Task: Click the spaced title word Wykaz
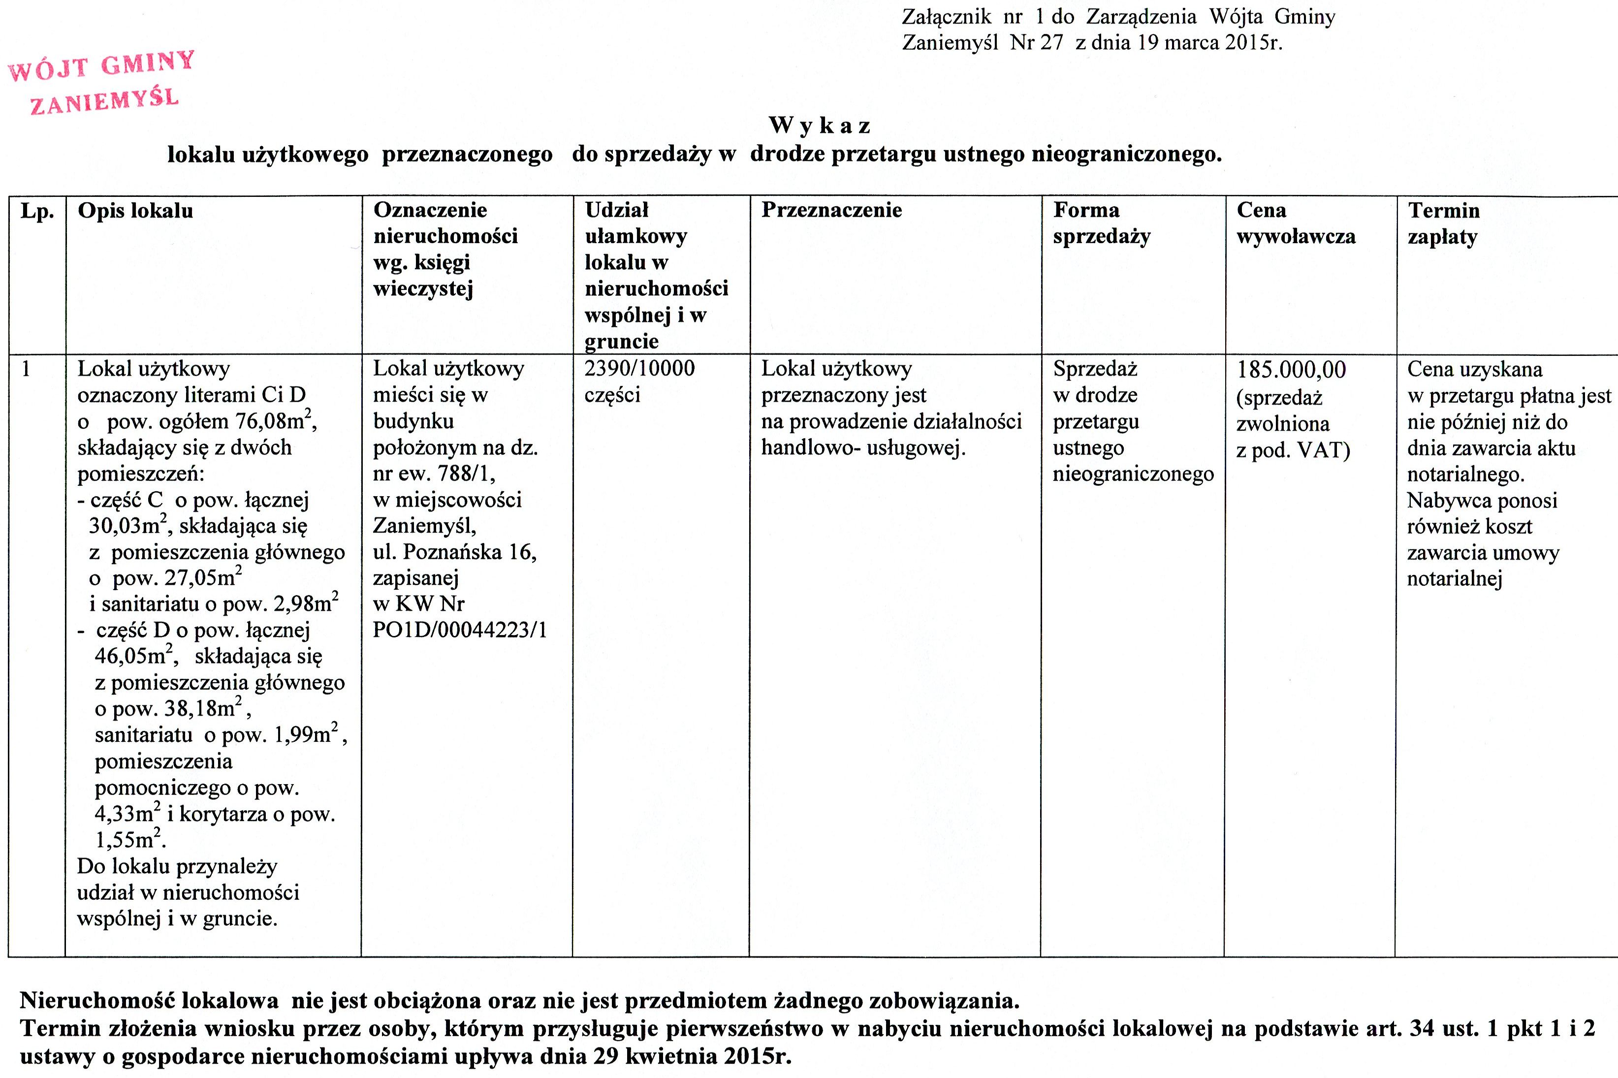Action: click(819, 126)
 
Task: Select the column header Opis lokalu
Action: click(135, 210)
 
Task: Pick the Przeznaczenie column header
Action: click(831, 210)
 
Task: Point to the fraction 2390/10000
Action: click(639, 369)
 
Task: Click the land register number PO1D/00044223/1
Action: click(460, 630)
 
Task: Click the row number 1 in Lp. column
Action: click(26, 369)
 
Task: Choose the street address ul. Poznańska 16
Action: click(454, 552)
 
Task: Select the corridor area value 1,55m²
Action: click(128, 839)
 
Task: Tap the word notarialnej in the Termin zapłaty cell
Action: click(1455, 579)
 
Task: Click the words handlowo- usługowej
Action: click(863, 448)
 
